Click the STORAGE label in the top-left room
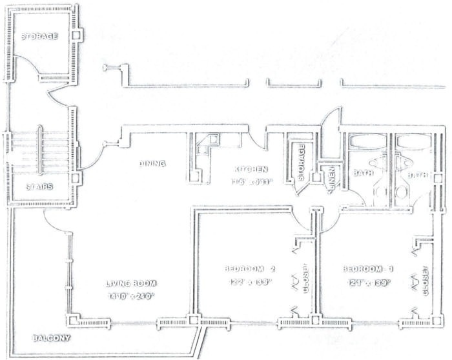click(x=40, y=36)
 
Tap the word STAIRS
click(x=40, y=188)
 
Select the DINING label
click(x=152, y=164)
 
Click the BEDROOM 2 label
click(x=251, y=269)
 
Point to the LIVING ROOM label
click(x=132, y=283)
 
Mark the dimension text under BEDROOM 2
click(x=249, y=282)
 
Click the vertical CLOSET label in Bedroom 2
click(x=305, y=278)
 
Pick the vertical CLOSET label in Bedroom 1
click(x=425, y=280)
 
